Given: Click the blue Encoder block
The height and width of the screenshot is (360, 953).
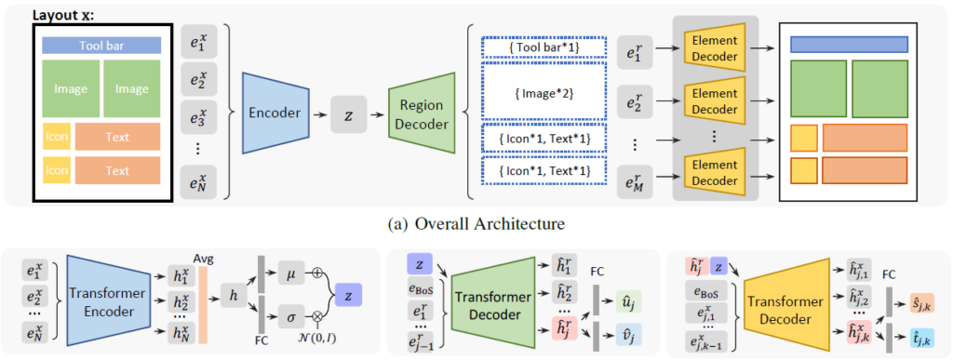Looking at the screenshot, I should [274, 113].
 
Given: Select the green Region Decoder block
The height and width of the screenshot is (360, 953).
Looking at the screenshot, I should [420, 113].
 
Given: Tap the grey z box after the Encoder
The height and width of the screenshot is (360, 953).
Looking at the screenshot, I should [347, 113].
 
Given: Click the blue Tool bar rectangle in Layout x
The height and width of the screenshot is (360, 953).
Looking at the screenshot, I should [102, 45].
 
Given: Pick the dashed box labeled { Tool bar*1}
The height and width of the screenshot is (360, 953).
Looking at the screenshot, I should [542, 47].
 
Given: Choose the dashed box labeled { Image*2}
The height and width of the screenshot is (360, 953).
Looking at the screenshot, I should [542, 93].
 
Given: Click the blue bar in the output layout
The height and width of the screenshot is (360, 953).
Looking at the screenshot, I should [849, 44].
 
